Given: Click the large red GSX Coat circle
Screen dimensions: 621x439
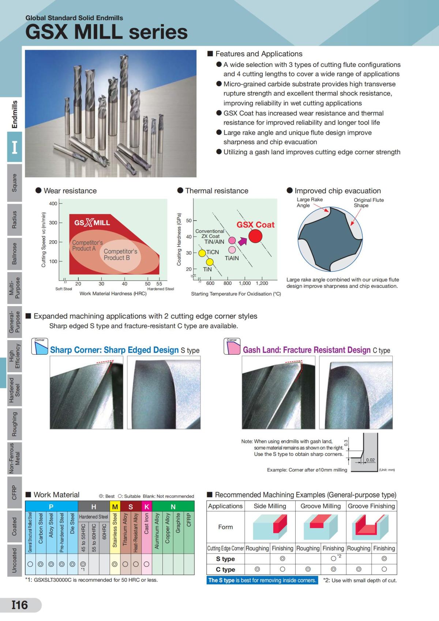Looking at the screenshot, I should click(255, 236).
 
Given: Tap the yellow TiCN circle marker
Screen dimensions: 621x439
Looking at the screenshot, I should click(202, 253).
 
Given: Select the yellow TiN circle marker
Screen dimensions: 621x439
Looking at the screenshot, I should click(210, 262).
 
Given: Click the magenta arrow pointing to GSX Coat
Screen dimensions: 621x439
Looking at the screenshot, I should click(242, 241).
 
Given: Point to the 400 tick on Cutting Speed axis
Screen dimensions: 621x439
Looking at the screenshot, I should click(53, 203).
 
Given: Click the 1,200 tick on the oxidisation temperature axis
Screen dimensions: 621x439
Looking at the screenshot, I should click(262, 283).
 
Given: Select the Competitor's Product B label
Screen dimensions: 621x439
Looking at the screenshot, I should click(120, 255).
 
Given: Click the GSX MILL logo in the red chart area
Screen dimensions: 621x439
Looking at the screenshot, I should click(92, 223).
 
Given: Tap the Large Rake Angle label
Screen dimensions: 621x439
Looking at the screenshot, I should click(309, 202).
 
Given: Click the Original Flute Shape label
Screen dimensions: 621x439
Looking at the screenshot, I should click(368, 203).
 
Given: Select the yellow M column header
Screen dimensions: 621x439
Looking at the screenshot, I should click(115, 507).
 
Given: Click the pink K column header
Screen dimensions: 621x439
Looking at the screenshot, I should click(146, 507).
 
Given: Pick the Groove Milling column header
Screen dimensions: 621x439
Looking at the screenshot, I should click(320, 506).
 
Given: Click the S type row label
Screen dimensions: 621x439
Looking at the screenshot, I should click(225, 559).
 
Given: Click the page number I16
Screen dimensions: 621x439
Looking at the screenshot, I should click(20, 605).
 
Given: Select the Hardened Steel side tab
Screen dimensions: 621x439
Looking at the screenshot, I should click(14, 390).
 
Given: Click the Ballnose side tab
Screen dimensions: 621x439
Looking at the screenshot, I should click(14, 253).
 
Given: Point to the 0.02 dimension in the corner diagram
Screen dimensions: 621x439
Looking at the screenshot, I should click(370, 460).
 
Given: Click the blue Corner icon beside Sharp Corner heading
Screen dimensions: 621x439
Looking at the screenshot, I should click(40, 346).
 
